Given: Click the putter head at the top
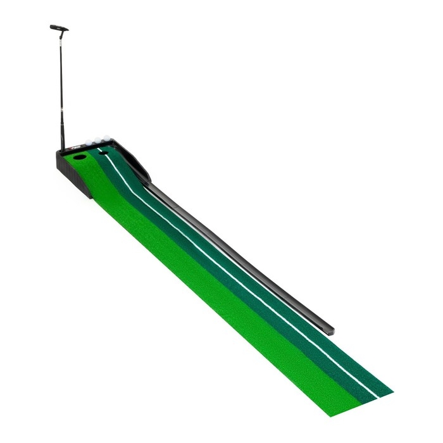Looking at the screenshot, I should [59, 28].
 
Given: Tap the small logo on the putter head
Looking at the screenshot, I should [62, 28].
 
